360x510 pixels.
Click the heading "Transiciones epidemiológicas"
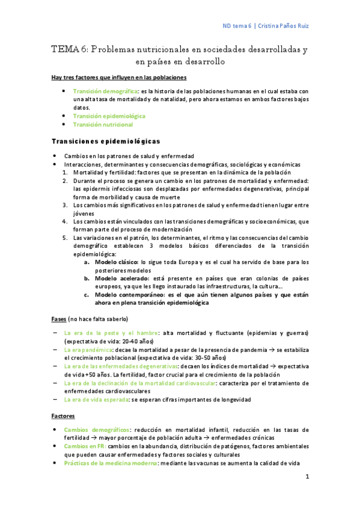tap(105, 141)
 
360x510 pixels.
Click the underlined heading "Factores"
tap(63, 415)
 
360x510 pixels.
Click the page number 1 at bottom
tap(307, 477)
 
